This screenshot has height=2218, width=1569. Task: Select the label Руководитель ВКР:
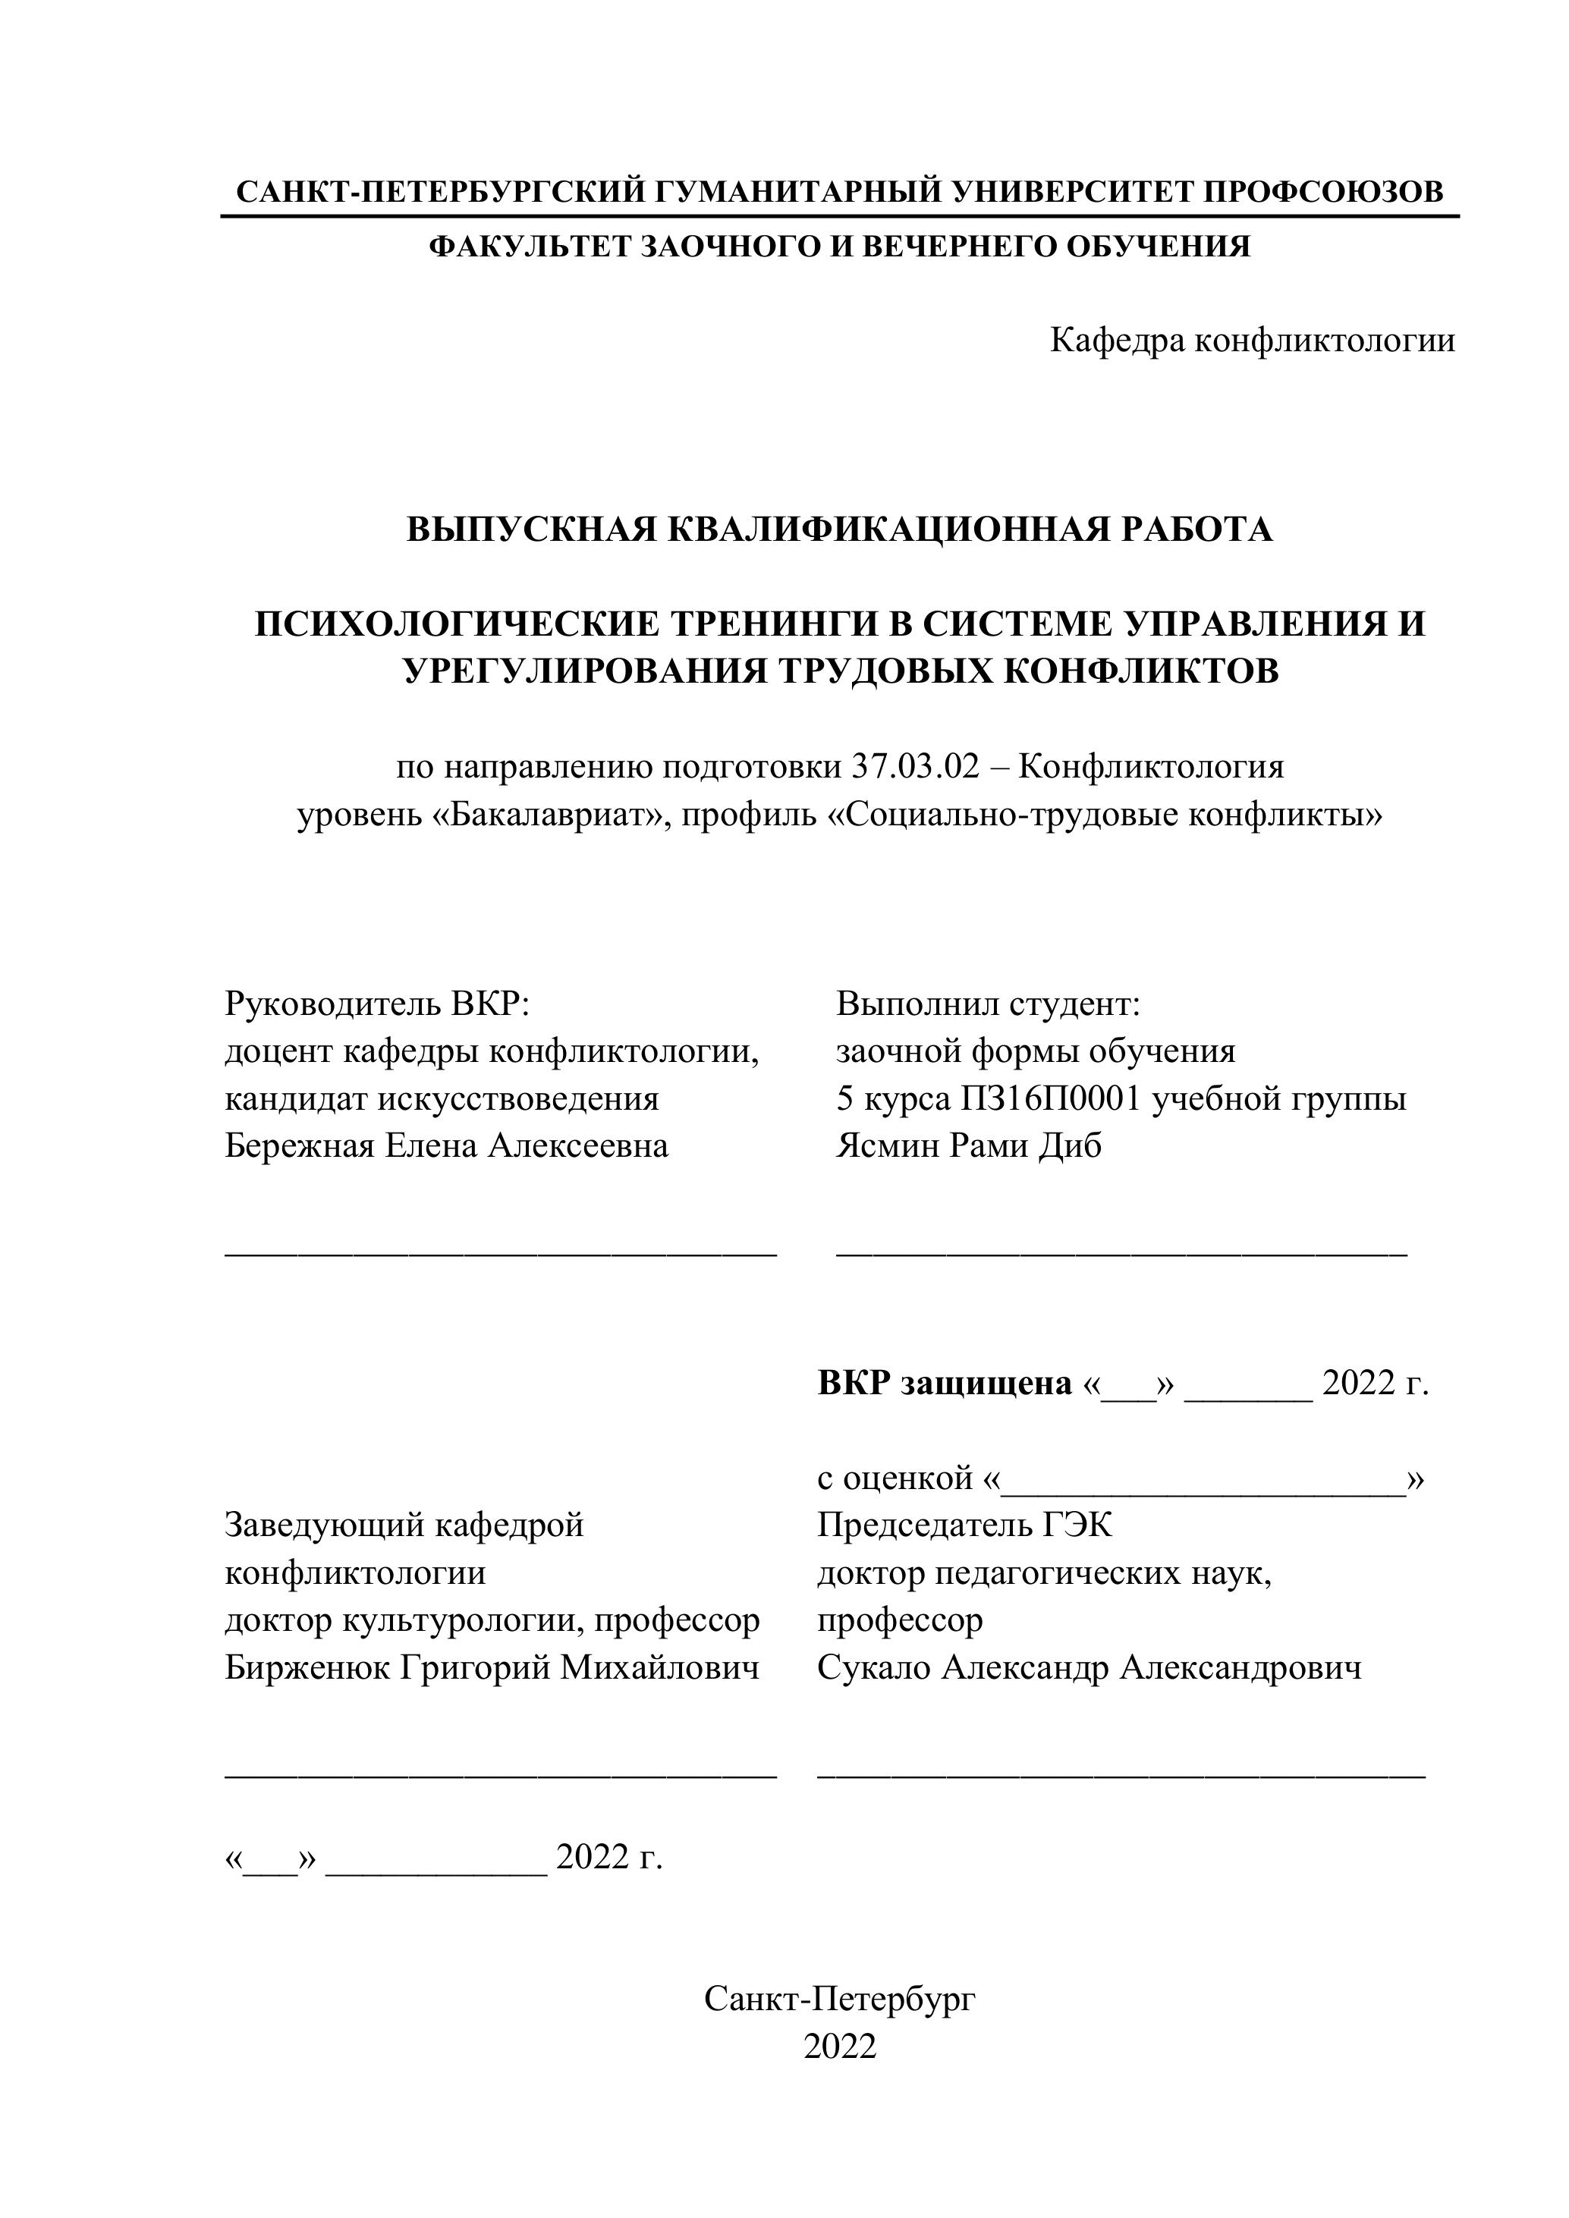point(378,1004)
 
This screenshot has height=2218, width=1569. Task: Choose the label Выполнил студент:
point(989,1004)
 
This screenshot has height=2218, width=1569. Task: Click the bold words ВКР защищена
point(944,1384)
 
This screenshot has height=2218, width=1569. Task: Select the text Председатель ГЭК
point(964,1525)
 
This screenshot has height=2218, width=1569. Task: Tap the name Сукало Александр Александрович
point(1089,1667)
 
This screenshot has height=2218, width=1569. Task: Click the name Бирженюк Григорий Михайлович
point(491,1667)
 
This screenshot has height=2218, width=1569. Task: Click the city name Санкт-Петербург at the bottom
point(840,1999)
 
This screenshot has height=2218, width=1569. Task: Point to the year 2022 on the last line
point(840,2047)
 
